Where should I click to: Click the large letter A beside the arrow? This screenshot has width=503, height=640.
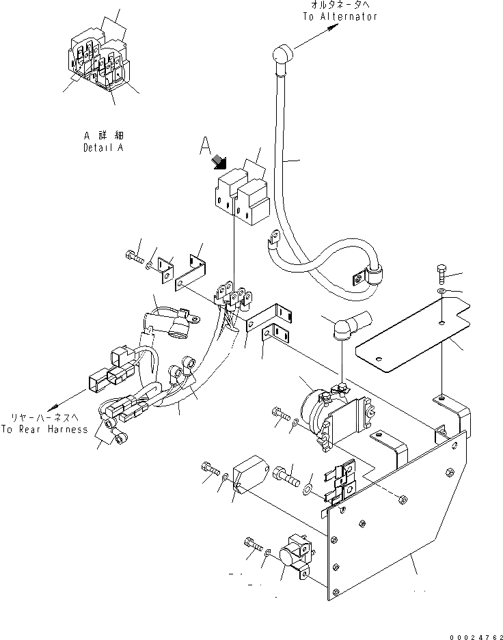[203, 145]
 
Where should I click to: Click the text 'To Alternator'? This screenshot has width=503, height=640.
[340, 16]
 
